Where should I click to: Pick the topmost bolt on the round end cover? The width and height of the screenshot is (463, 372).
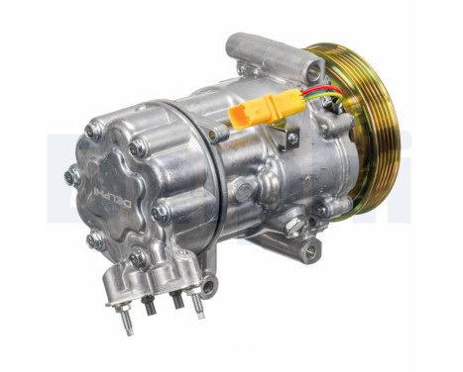(x=95, y=129)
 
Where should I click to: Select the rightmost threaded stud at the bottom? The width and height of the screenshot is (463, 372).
(x=198, y=306)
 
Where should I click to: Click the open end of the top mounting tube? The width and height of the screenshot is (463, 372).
(x=313, y=68)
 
